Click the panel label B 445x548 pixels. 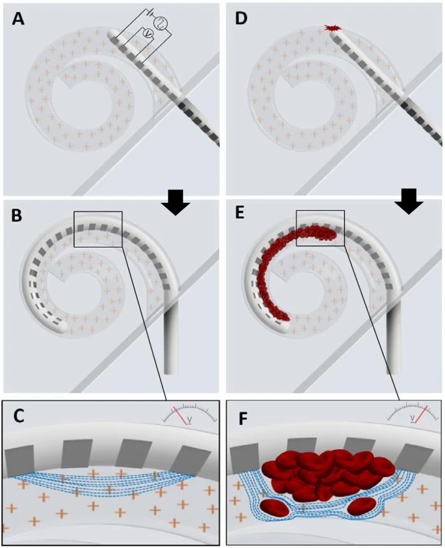[x=18, y=213]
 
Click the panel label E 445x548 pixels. [x=241, y=213]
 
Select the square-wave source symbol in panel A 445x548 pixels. [x=160, y=23]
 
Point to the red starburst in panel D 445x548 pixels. [x=333, y=29]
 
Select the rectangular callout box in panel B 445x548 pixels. [x=98, y=229]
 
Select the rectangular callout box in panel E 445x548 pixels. [x=320, y=228]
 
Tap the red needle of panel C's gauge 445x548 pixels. [x=177, y=415]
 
